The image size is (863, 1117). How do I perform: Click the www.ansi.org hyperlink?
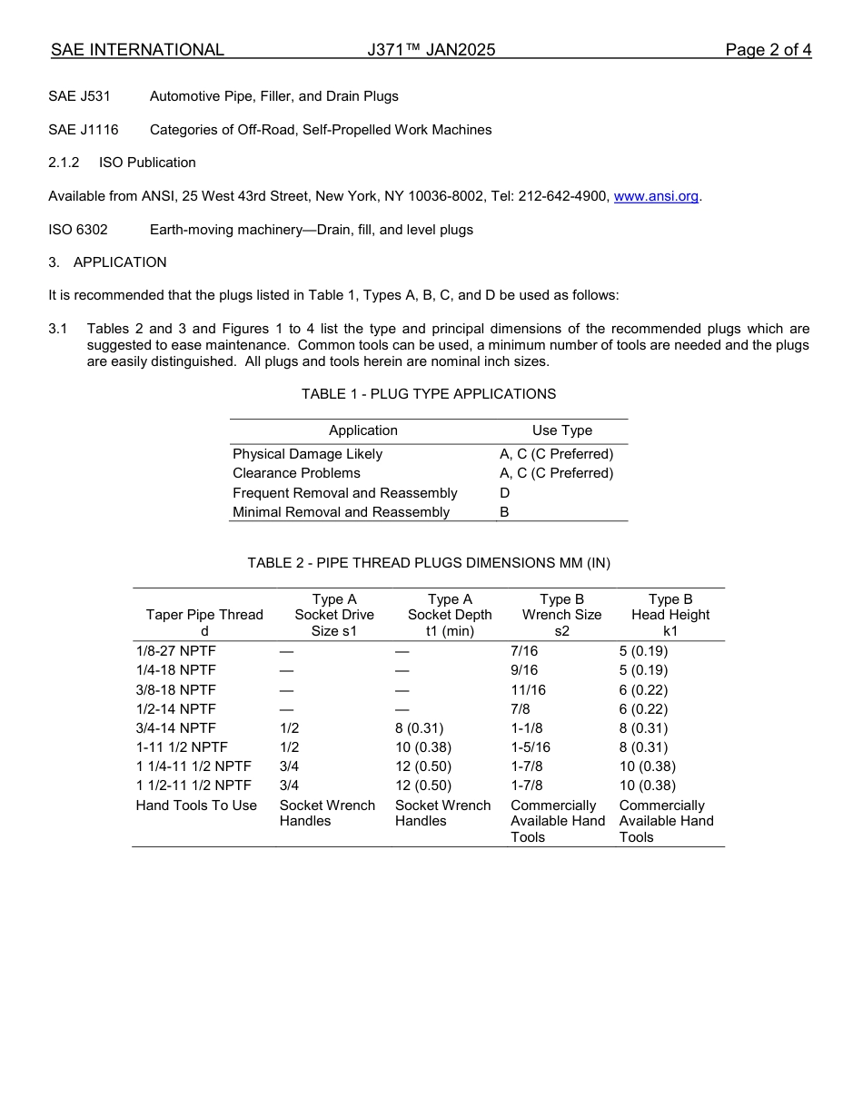coord(656,196)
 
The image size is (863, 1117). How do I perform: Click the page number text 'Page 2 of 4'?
coord(768,50)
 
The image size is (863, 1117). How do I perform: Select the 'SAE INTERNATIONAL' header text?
coord(137,50)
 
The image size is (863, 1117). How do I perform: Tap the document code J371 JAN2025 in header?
coord(431,50)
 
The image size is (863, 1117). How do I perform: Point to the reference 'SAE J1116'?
coord(84,130)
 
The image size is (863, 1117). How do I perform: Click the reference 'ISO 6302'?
coord(78,230)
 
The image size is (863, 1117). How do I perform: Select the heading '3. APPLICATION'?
coord(107,262)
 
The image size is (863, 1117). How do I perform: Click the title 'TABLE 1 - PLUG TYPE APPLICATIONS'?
coord(429,394)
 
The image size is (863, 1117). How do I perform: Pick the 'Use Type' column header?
coord(561,430)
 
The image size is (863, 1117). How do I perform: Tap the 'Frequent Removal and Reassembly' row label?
coord(345,493)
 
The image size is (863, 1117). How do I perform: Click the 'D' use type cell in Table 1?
coord(505,493)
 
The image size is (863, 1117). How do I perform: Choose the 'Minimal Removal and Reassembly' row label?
coord(341,512)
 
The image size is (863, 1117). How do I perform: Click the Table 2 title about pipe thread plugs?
coord(429,563)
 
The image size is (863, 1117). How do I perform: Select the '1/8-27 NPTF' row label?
coord(176,651)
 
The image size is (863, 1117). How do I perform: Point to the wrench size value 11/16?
coord(528,690)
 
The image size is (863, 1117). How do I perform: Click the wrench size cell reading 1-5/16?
coord(531,747)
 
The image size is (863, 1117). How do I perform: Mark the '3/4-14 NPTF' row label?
coord(176,728)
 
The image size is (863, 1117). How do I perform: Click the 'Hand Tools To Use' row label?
coord(196,806)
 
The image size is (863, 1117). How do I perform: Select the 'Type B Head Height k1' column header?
coord(670,615)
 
